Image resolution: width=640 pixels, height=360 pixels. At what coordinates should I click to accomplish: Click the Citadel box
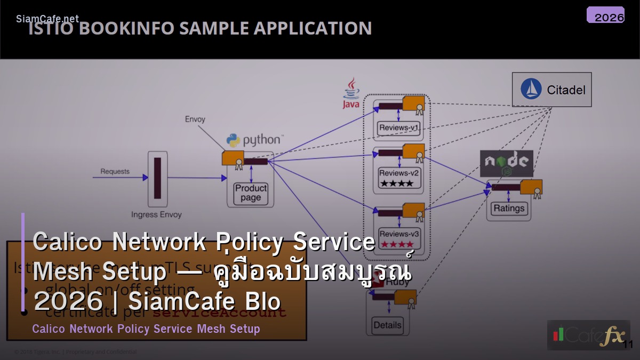551,90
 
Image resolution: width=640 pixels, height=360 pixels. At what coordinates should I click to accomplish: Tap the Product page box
251,193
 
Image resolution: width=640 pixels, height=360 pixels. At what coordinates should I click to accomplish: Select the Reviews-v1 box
398,128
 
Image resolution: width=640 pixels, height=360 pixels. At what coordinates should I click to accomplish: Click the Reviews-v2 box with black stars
398,177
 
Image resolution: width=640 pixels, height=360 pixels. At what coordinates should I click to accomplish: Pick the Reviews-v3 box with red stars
398,238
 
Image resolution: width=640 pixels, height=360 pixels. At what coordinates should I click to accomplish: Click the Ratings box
508,208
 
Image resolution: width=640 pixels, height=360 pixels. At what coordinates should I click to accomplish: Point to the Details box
388,325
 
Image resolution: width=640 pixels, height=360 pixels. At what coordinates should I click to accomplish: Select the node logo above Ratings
506,163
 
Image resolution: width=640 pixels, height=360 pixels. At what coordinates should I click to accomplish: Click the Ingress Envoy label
156,214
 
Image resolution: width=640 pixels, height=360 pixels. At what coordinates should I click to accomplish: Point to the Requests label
115,171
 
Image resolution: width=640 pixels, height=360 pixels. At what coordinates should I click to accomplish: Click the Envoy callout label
195,119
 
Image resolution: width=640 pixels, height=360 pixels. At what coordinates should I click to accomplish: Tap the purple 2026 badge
605,15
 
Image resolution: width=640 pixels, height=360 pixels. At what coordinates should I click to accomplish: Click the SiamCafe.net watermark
47,19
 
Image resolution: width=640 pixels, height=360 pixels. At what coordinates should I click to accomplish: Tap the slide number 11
628,345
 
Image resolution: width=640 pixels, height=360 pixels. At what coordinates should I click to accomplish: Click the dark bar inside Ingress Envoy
157,178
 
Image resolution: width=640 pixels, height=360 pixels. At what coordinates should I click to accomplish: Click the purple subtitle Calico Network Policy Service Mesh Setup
146,329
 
